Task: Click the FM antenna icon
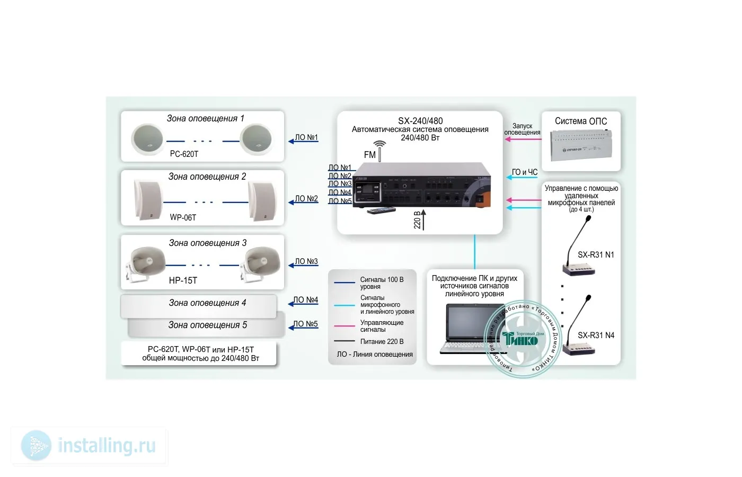tap(379, 149)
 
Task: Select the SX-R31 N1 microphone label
tap(596, 255)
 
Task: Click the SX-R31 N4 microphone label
tap(596, 335)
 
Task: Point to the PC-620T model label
tap(184, 154)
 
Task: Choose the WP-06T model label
tap(183, 217)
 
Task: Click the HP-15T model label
tap(183, 280)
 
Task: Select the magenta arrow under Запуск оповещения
tap(523, 139)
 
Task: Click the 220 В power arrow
tap(423, 219)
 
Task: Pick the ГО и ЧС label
tap(525, 172)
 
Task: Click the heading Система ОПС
tap(580, 121)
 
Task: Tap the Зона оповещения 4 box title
tap(207, 303)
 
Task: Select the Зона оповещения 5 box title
tap(207, 325)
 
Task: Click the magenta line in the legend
tap(344, 326)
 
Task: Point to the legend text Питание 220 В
tap(382, 342)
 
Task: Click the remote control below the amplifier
tap(382, 210)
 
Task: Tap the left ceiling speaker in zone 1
tap(148, 139)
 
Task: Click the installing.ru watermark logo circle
tap(36, 445)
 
